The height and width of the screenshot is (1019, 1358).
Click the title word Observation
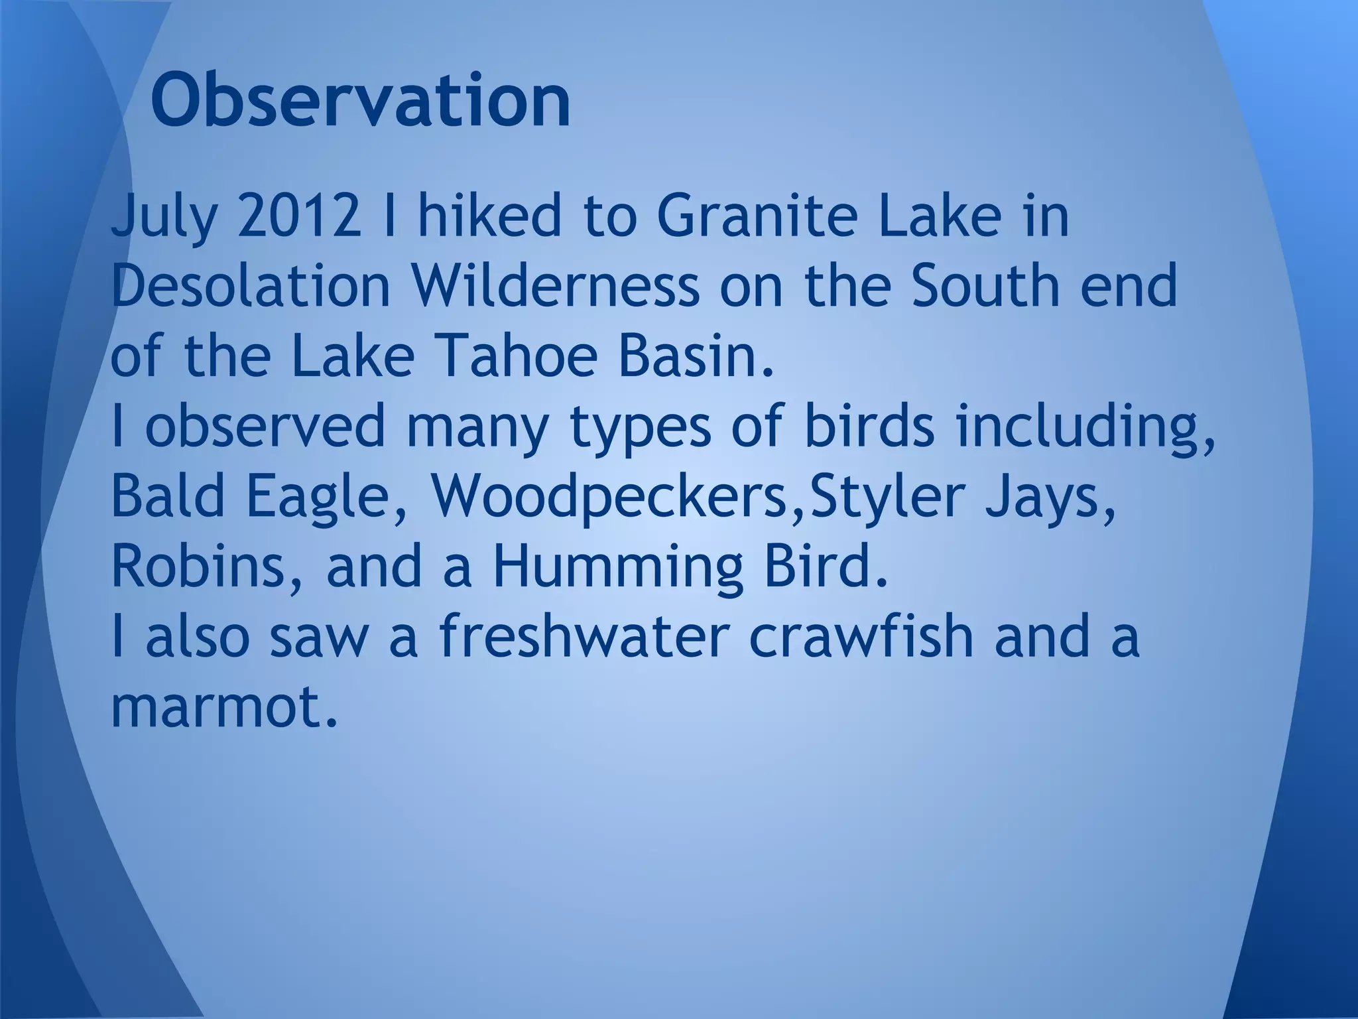pos(360,102)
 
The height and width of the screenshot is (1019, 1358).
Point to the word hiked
pos(489,216)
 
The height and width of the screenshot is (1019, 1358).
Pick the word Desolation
pos(251,287)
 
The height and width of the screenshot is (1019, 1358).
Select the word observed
pos(265,427)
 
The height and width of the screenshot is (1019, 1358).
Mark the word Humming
pos(617,569)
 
